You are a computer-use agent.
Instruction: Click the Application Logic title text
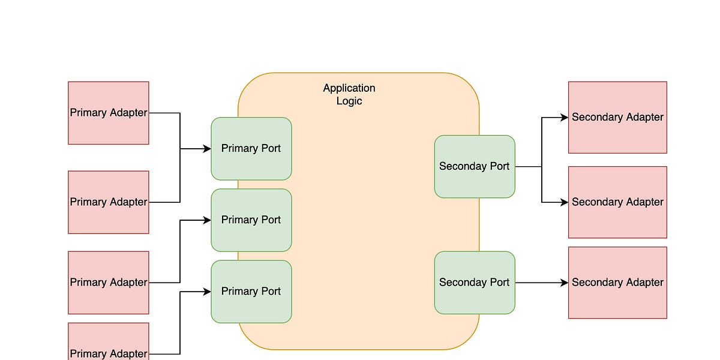click(349, 94)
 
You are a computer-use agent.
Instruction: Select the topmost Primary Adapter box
click(109, 113)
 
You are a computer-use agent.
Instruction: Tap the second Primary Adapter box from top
click(109, 202)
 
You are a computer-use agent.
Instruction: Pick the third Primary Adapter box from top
click(109, 283)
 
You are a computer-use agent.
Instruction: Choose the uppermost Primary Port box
click(251, 148)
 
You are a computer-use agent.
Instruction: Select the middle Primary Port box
click(251, 220)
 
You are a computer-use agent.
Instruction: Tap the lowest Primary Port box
click(251, 291)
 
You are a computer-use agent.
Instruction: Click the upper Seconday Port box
click(474, 166)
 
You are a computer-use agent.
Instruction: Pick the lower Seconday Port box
click(474, 283)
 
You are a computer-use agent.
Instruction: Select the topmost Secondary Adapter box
click(617, 118)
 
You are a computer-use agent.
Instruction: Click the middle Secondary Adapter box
click(617, 202)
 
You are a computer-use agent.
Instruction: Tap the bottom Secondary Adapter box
click(617, 283)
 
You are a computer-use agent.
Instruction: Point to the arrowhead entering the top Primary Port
click(206, 149)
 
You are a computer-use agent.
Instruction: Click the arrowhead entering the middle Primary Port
click(206, 220)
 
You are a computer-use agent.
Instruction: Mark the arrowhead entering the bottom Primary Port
click(206, 292)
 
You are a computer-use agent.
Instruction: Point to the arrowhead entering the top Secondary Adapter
click(564, 118)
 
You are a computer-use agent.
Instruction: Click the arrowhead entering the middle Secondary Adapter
click(564, 202)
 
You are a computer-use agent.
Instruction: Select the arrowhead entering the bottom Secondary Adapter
click(564, 283)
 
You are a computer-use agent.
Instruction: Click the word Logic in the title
click(349, 101)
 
